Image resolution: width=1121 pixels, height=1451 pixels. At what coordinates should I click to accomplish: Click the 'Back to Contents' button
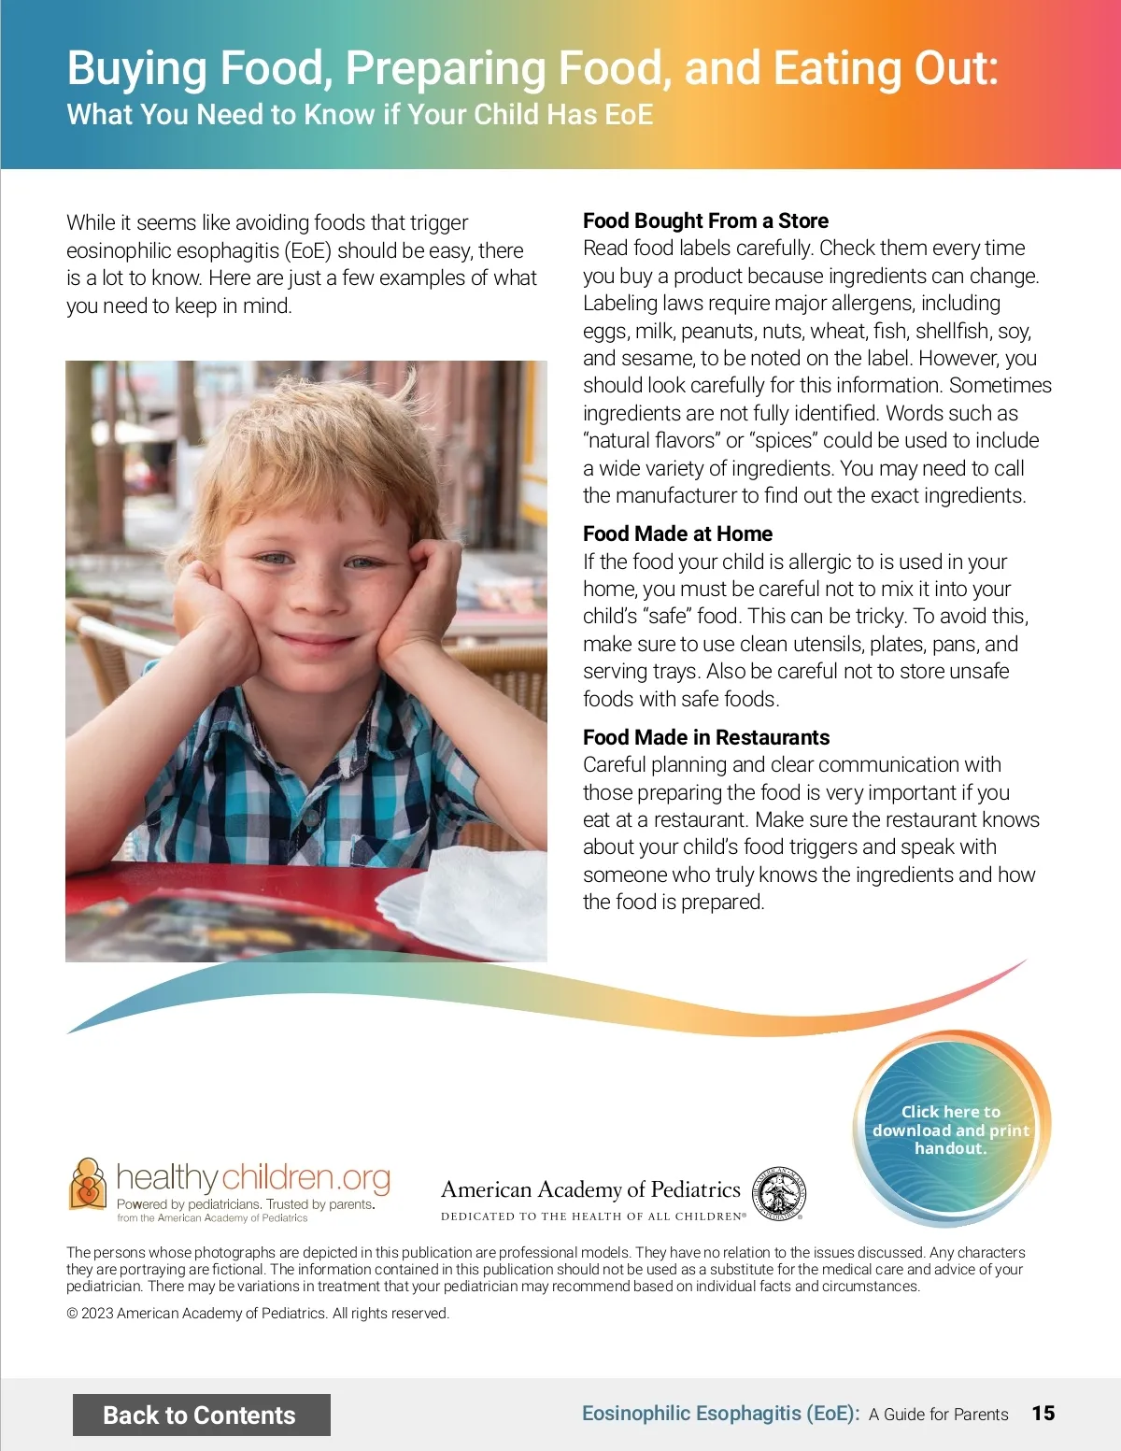coord(201,1415)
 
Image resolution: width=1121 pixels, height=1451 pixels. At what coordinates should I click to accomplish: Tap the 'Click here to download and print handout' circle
coord(951,1130)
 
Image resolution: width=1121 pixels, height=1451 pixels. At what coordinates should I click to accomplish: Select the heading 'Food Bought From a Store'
coord(705,220)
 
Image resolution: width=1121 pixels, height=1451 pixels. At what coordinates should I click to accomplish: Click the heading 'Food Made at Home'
coord(677,533)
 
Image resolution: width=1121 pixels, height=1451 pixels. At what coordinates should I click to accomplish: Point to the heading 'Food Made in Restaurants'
coord(705,737)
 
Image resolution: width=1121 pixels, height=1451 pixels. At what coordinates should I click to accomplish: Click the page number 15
coord(1043,1414)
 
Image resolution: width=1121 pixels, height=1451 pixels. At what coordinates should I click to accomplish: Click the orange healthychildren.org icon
coord(88,1184)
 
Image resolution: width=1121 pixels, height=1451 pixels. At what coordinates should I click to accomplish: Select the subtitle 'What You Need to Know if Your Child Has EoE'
coord(360,115)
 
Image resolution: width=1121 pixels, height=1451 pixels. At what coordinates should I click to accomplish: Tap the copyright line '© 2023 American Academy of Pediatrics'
coord(258,1313)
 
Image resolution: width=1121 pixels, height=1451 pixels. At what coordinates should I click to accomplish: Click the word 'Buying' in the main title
coord(136,68)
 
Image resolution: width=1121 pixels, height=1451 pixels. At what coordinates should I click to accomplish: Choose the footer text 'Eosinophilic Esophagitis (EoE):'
coord(720,1414)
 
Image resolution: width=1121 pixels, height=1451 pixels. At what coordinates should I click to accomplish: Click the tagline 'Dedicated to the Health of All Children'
coord(592,1216)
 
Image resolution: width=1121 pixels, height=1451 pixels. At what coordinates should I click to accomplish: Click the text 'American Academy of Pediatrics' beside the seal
coord(590,1189)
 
